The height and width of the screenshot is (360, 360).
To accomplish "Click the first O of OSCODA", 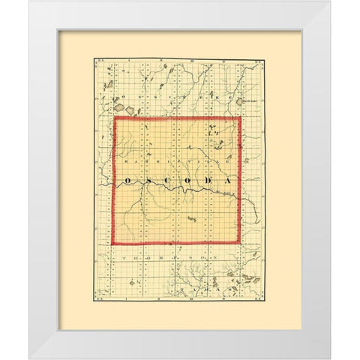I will pyautogui.click(x=127, y=181).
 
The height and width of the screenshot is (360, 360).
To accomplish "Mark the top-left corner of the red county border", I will pyautogui.click(x=113, y=118).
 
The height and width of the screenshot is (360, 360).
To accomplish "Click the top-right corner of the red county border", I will pyautogui.click(x=239, y=118).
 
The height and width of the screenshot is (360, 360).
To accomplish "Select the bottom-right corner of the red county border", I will pyautogui.click(x=239, y=243).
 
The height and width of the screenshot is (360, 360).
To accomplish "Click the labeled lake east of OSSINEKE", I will pyautogui.click(x=239, y=101).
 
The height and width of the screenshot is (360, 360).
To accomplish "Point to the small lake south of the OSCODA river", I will pyautogui.click(x=192, y=219).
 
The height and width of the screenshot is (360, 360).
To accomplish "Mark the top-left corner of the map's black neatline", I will pyautogui.click(x=94, y=58).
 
